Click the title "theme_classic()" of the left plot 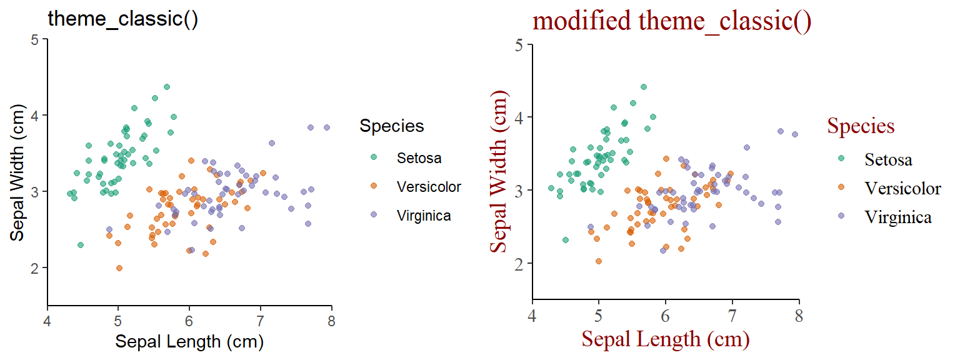coord(123,19)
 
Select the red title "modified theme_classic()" coord(672,21)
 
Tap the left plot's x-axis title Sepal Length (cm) coord(189,342)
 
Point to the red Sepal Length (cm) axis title coord(665,339)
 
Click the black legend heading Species coord(392,126)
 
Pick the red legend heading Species coord(861,126)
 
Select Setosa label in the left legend coord(419,158)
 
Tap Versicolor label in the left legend coord(429,187)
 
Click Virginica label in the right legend coord(898,217)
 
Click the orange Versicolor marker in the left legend coord(374,186)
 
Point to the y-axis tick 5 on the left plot coord(35,39)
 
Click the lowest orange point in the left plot coord(119,268)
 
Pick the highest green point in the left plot coord(167,87)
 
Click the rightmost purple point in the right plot coord(795,134)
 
